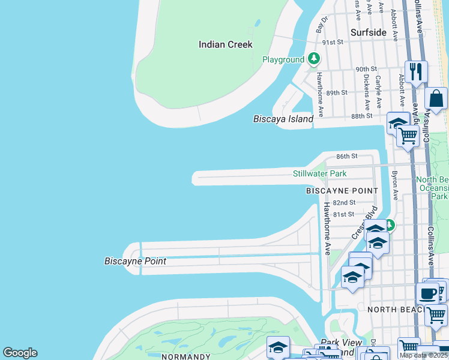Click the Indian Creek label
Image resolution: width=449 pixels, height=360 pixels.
226,44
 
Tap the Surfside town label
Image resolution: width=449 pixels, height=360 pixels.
368,32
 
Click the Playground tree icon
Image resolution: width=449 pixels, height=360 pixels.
313,59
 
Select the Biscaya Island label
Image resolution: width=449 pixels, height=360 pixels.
283,119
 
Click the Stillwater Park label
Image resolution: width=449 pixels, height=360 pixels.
319,173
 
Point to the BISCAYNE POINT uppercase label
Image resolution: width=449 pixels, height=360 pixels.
342,191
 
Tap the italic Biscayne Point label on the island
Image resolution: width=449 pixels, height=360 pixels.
135,261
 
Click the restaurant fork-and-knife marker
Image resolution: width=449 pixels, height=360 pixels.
416,72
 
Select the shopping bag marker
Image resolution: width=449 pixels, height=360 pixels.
437,98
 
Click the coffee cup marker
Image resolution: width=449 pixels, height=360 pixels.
427,294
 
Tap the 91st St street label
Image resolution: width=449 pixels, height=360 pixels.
332,43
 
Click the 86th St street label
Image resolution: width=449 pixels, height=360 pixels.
346,156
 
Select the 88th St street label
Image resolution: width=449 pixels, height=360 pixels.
362,116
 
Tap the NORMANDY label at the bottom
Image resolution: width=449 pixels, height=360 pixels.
186,356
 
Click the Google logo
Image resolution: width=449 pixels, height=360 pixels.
20,353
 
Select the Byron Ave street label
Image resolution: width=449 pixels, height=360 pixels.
395,185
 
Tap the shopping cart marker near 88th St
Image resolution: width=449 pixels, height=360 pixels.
408,136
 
